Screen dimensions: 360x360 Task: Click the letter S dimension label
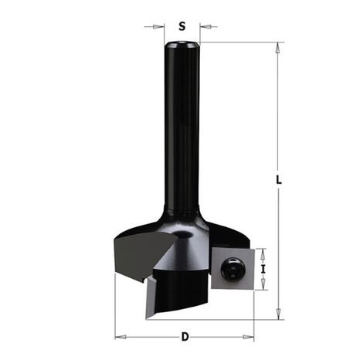pyautogui.click(x=182, y=25)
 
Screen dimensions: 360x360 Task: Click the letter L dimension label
pyautogui.click(x=279, y=180)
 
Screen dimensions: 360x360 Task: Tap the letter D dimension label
pyautogui.click(x=185, y=336)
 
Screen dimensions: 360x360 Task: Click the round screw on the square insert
pyautogui.click(x=229, y=270)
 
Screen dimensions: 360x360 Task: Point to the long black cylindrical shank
pyautogui.click(x=182, y=131)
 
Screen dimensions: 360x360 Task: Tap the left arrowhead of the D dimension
pyautogui.click(x=118, y=336)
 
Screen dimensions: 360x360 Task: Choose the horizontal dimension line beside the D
pyautogui.click(x=155, y=336)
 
